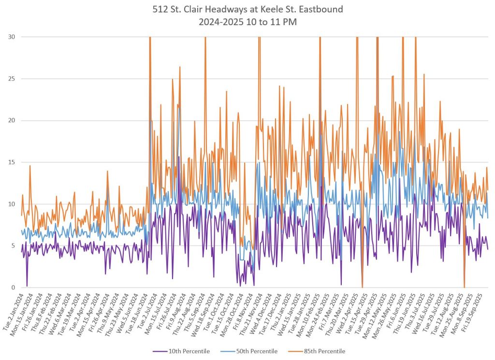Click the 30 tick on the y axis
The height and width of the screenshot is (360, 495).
[x=10, y=37]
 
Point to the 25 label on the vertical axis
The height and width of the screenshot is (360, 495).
[x=10, y=79]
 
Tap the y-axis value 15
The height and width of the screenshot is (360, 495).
[x=10, y=162]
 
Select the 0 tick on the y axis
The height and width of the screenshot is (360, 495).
[x=12, y=288]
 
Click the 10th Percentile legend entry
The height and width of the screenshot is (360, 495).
[x=181, y=351]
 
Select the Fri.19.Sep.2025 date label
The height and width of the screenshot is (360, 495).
[x=479, y=312]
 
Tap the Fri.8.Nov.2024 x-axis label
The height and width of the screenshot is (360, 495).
[x=246, y=311]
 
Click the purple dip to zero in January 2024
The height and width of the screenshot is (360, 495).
[x=27, y=286]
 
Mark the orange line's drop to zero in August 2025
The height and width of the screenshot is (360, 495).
[x=464, y=287]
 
